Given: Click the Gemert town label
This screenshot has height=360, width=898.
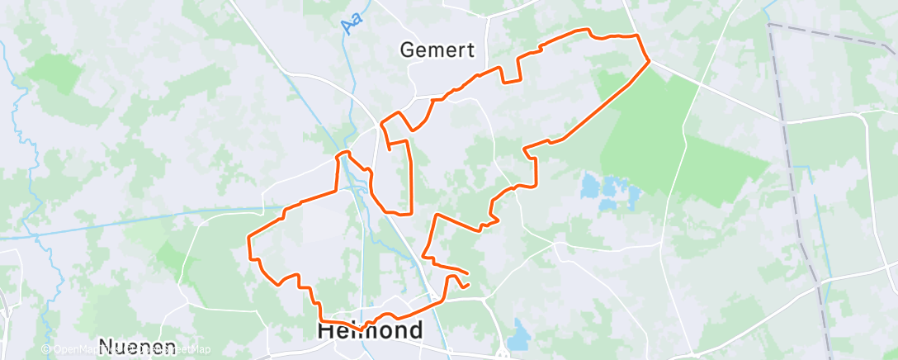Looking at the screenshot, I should point(437,50).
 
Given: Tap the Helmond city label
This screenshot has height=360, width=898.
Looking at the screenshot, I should point(370,331).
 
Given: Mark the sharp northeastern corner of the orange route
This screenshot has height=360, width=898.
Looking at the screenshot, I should point(649,60).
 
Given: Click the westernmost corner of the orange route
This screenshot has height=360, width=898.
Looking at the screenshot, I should point(249,238).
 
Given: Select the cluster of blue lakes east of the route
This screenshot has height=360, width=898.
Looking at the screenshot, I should point(611,191).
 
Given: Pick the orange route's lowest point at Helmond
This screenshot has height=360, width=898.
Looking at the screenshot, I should point(362,329).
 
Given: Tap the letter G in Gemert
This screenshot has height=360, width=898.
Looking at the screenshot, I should point(408,50).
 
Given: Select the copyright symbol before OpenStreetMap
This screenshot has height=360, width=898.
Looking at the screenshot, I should point(46,350).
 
